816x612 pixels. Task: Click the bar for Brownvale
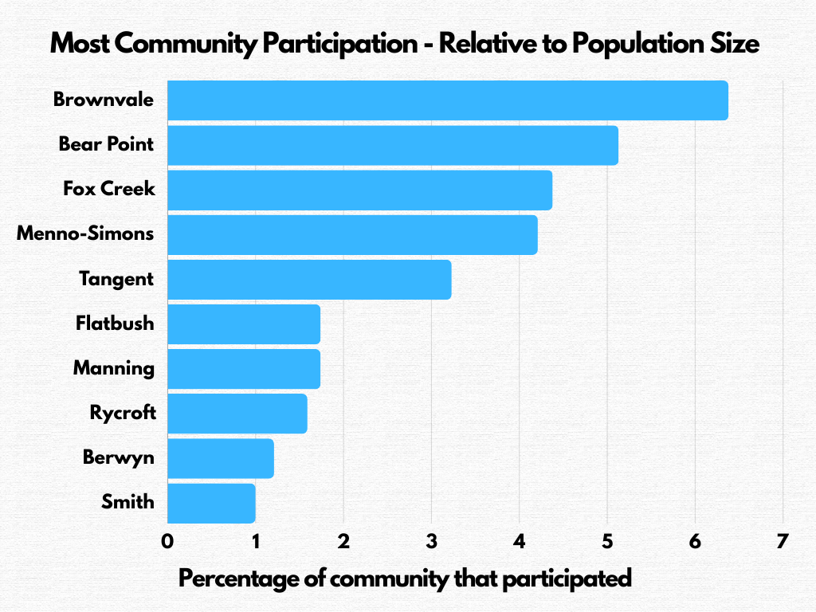pos(447,100)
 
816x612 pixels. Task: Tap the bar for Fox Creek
pos(359,190)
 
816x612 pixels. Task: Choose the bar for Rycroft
pos(237,413)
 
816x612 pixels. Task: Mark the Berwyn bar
pos(220,457)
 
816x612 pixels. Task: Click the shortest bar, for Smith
pos(211,502)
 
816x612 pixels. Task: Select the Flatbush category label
pos(115,324)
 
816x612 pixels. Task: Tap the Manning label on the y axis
pos(113,368)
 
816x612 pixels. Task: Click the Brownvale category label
pos(104,100)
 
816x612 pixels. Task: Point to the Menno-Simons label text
pos(85,234)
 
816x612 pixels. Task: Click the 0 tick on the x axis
pos(167,542)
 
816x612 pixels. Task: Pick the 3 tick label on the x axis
pos(431,542)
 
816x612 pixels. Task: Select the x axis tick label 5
pos(607,542)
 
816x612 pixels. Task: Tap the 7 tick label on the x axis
pos(783,542)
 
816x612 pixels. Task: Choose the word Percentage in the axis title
pos(237,579)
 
